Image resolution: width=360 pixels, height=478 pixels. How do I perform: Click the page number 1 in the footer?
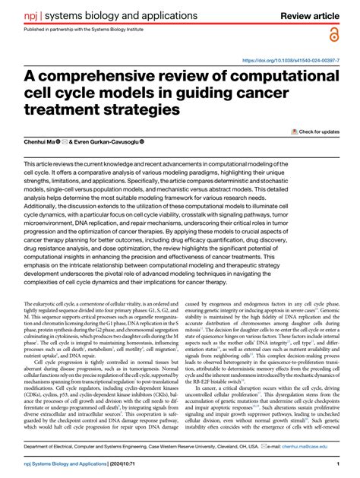coord(336,463)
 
